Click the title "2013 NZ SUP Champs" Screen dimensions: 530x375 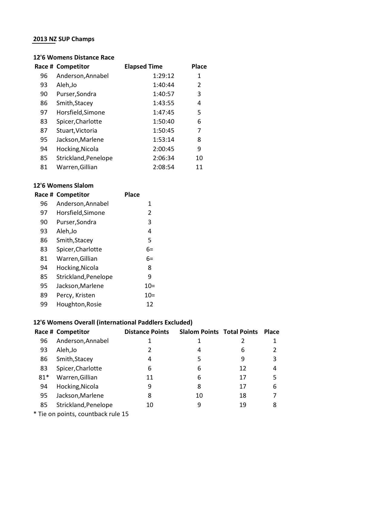coord(64,39)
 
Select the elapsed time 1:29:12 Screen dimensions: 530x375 coord(163,76)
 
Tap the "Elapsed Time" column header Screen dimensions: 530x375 coord(143,66)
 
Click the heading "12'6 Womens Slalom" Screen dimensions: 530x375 coord(63,186)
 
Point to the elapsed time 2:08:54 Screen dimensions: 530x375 coord(163,167)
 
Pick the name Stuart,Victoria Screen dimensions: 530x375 coord(77,131)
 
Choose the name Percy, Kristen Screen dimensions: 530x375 coord(76,295)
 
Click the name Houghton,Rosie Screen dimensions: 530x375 coord(79,304)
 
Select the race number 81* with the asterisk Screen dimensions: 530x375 coord(44,377)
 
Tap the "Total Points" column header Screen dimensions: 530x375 coord(241,332)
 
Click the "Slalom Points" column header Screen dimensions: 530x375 coord(199,332)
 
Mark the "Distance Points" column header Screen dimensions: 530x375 coord(147,332)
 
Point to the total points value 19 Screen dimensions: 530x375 coord(243,405)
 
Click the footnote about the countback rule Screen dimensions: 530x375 coord(81,414)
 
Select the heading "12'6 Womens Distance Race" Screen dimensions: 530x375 coord(74,57)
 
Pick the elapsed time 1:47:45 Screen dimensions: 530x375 coord(163,112)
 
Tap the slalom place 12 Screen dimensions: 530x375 coord(150,304)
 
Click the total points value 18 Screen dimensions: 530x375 coord(243,396)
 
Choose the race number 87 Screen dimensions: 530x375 coord(44,131)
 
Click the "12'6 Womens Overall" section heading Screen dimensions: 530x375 coord(113,322)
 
